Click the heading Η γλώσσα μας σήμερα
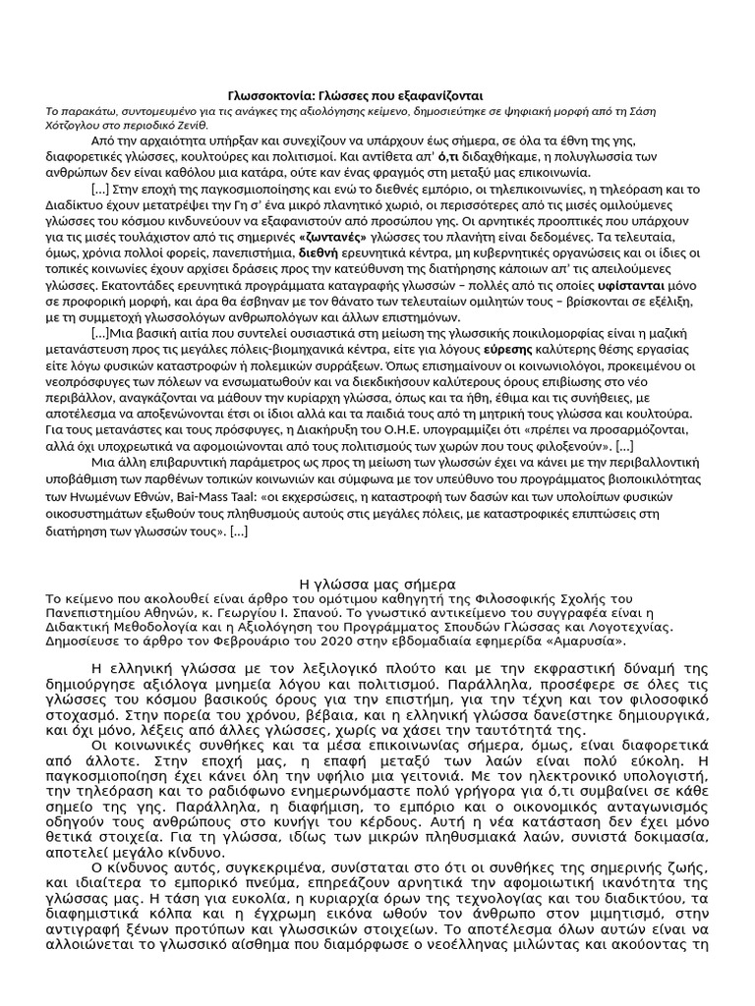point(377,584)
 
